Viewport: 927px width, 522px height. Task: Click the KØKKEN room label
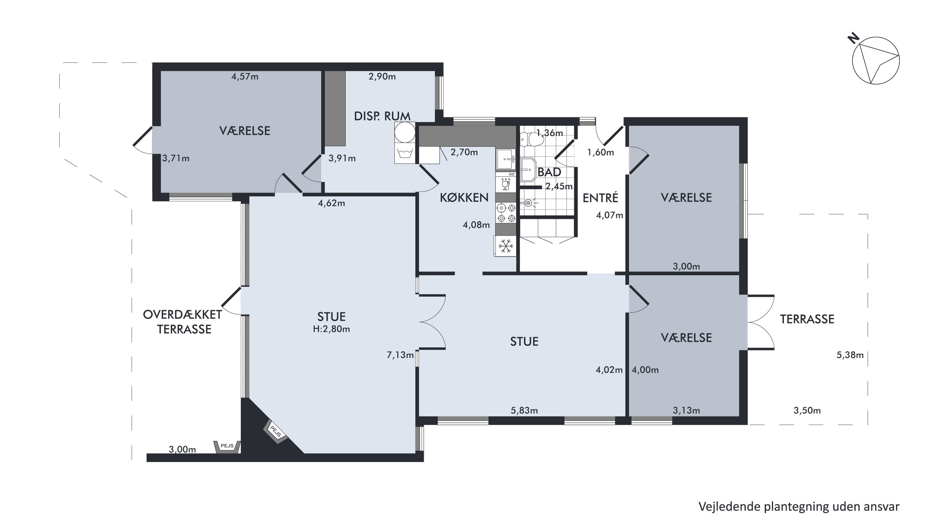(x=464, y=197)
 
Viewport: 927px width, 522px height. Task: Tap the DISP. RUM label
(x=382, y=116)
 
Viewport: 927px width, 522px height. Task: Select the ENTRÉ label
(x=600, y=198)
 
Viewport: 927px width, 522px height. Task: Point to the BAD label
(x=549, y=172)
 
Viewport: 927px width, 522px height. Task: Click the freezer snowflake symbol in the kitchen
(x=506, y=246)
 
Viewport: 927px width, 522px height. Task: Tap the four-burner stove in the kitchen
(x=506, y=213)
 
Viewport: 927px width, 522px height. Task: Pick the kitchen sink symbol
(x=506, y=159)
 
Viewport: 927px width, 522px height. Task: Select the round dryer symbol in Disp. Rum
(x=405, y=132)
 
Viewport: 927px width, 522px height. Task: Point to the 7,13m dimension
(x=400, y=355)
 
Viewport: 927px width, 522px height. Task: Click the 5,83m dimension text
(x=524, y=410)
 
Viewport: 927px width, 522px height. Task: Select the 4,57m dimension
(x=245, y=76)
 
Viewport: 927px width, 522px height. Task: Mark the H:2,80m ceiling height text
(x=332, y=329)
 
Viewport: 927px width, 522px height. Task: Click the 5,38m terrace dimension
(x=850, y=355)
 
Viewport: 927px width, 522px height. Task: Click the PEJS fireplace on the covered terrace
(x=227, y=447)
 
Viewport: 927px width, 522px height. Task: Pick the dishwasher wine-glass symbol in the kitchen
(x=506, y=185)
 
